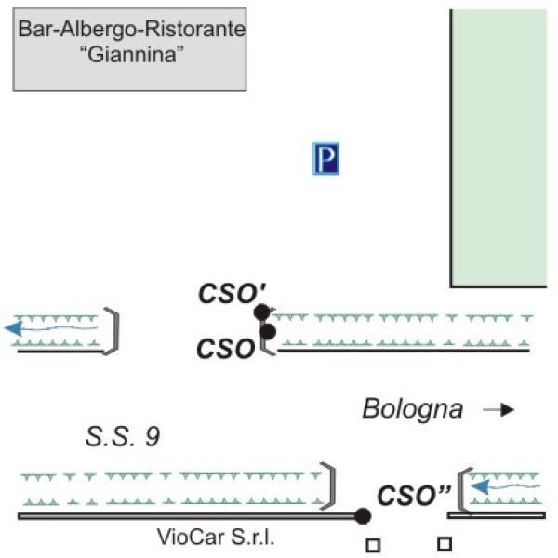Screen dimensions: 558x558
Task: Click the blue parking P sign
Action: (326, 159)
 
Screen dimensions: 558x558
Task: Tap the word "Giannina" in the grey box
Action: (132, 55)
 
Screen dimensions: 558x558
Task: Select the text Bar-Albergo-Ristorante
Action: (132, 29)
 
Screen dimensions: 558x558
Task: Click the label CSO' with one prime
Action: (232, 293)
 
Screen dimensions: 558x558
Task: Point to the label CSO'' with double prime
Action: (414, 496)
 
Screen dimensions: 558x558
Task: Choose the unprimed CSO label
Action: (226, 349)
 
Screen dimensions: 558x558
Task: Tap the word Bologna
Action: (412, 409)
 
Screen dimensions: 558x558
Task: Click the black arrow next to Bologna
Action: (498, 410)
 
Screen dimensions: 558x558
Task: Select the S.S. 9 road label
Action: (123, 436)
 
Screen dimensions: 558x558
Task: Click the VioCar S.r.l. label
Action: (216, 537)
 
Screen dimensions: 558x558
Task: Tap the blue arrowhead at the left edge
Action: (14, 328)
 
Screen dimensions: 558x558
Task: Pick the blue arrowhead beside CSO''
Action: (480, 486)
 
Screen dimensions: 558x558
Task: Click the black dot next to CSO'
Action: (262, 312)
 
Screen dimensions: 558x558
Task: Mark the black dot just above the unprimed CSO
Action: (268, 332)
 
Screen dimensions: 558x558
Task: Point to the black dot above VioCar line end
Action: (363, 516)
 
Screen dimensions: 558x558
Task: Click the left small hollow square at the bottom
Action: (373, 545)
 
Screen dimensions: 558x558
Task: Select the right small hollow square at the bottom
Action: (445, 544)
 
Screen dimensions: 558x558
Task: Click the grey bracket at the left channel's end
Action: (116, 331)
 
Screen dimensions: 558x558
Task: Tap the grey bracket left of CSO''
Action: (460, 491)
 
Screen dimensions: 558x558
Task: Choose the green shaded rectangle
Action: (499, 148)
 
